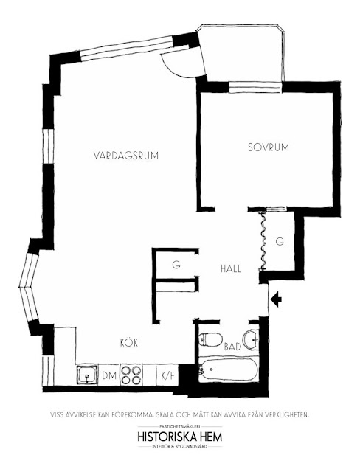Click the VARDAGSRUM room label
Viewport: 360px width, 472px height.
coord(126,156)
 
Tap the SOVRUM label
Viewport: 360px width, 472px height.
coord(269,147)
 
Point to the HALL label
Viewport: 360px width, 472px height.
coord(231,268)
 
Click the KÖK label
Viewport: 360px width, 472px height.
coord(129,342)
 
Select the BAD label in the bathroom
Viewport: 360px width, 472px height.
coord(232,347)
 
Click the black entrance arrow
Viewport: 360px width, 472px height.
coord(276,300)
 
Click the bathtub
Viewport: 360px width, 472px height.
coord(228,369)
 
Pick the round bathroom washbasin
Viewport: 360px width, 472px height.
coord(251,339)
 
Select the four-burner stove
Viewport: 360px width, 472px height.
coord(131,374)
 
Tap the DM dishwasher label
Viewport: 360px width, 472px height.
coord(109,375)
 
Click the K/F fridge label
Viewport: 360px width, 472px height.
coord(168,375)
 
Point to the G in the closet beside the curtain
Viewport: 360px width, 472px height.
coord(280,241)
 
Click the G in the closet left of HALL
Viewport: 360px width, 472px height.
coord(176,265)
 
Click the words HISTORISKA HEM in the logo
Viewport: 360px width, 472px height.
coord(180,437)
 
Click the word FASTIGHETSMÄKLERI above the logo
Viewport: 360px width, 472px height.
coord(180,426)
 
